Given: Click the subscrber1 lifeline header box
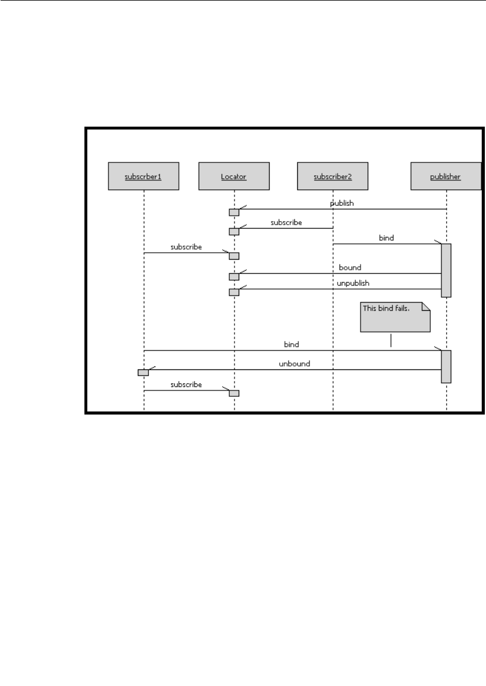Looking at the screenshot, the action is click(144, 176).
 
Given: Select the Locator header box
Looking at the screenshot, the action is click(234, 176).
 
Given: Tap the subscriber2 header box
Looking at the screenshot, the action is click(333, 176).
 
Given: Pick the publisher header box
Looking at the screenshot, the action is click(446, 176).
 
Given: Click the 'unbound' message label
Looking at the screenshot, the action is click(294, 364).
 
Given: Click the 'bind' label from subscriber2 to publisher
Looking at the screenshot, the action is click(386, 238).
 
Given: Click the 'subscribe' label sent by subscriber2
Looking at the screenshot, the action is click(286, 223).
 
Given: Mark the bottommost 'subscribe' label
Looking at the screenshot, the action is click(186, 385).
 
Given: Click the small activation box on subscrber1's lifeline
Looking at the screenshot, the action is click(143, 372).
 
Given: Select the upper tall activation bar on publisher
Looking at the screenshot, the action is click(446, 270).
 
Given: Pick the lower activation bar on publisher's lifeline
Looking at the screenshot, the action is click(446, 366).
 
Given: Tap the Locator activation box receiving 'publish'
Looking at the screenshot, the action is click(234, 212).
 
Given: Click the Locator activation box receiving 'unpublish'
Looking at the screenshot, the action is click(234, 292).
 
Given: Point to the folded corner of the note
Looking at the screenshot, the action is click(426, 307).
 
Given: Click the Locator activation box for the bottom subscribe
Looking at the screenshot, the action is click(234, 393).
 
